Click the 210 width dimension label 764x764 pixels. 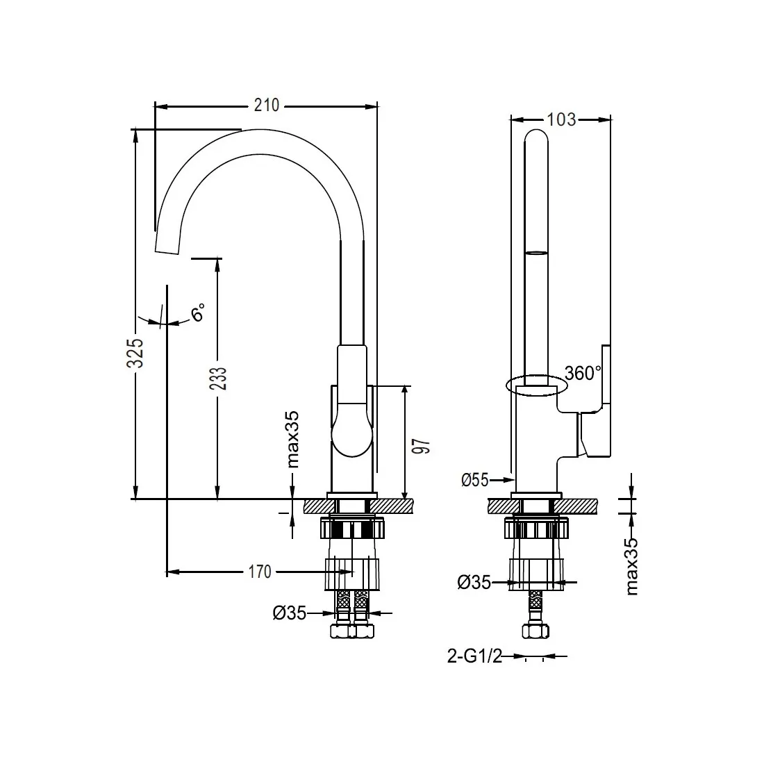(x=266, y=106)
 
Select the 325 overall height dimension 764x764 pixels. (x=137, y=352)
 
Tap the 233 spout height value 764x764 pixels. (x=218, y=379)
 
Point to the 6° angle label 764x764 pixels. (x=199, y=312)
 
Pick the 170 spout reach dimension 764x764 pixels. (x=259, y=572)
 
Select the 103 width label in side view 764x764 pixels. (x=561, y=119)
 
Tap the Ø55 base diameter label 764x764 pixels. (x=475, y=479)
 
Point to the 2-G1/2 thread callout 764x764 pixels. (x=475, y=656)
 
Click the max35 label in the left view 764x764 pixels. (x=293, y=439)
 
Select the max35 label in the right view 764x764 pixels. (x=631, y=567)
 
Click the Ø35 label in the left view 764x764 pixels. (x=290, y=613)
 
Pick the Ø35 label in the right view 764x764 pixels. (x=474, y=583)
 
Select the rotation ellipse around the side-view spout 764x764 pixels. (x=533, y=385)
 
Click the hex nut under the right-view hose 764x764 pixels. (x=535, y=631)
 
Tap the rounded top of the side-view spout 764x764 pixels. (x=535, y=135)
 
